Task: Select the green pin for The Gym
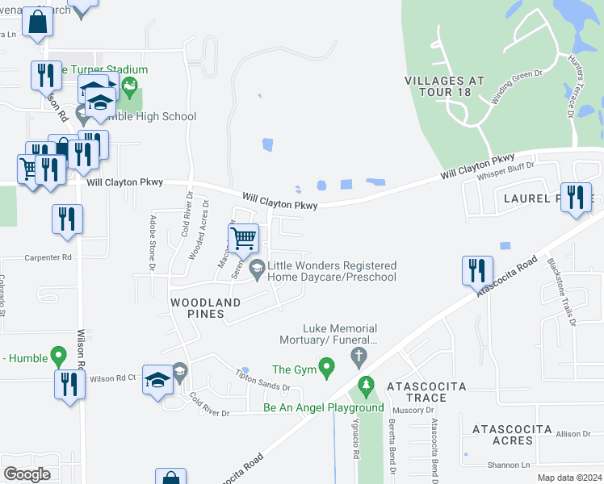click(x=326, y=369)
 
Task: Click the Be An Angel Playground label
click(x=324, y=407)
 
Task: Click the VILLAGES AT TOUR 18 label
click(x=445, y=86)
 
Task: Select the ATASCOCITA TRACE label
click(x=426, y=392)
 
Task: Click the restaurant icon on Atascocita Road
click(x=476, y=270)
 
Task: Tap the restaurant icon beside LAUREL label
click(x=575, y=198)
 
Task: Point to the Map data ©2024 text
click(x=569, y=478)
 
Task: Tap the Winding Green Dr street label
click(x=517, y=87)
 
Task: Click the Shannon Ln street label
click(x=508, y=465)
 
